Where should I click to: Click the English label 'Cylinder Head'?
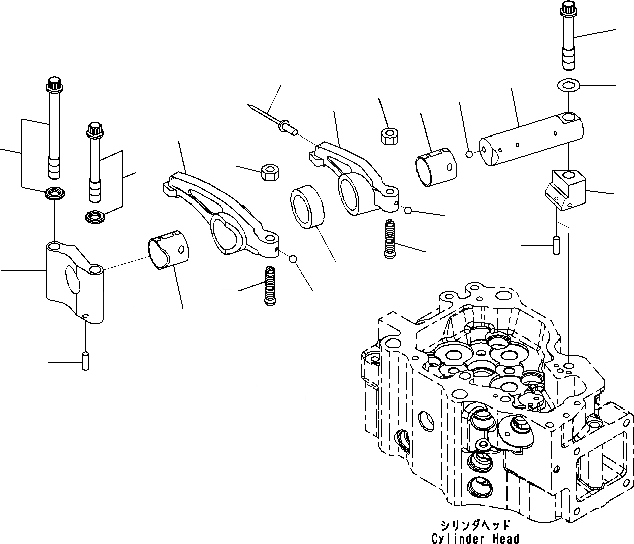[475, 538]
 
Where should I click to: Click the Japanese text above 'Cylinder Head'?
[475, 525]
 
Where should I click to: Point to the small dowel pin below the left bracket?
[86, 360]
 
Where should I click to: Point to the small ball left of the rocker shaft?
[469, 153]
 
